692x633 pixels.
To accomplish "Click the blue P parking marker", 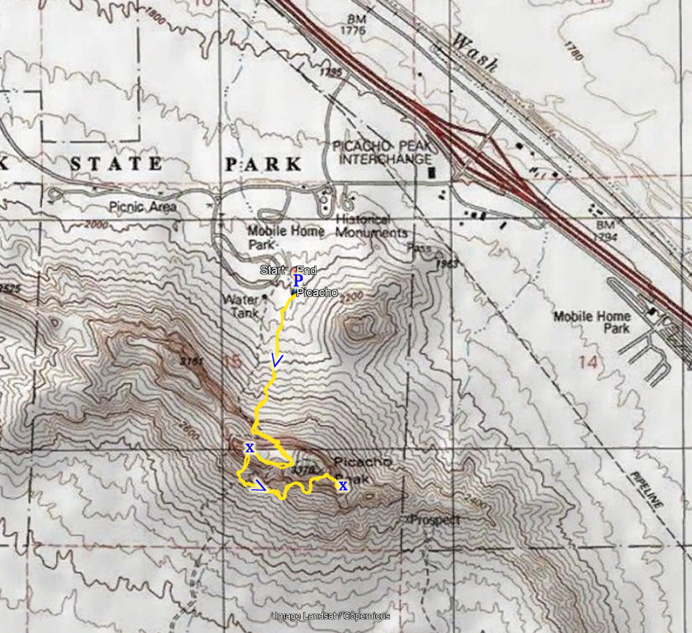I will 297,281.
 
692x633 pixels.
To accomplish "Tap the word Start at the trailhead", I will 272,270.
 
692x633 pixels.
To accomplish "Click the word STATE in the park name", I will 117,164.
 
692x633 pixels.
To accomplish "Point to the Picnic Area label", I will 142,207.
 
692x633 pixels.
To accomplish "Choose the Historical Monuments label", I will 371,225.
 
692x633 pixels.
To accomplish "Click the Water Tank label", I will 240,306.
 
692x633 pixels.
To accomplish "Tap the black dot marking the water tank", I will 265,299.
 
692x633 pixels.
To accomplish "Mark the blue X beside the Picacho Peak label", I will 342,486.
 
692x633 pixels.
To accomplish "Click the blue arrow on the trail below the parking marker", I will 277,360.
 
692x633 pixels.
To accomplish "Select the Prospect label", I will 433,519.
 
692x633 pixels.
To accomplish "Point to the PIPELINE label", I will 647,491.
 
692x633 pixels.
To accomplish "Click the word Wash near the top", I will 474,53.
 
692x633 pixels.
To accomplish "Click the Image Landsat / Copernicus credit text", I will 332,616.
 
